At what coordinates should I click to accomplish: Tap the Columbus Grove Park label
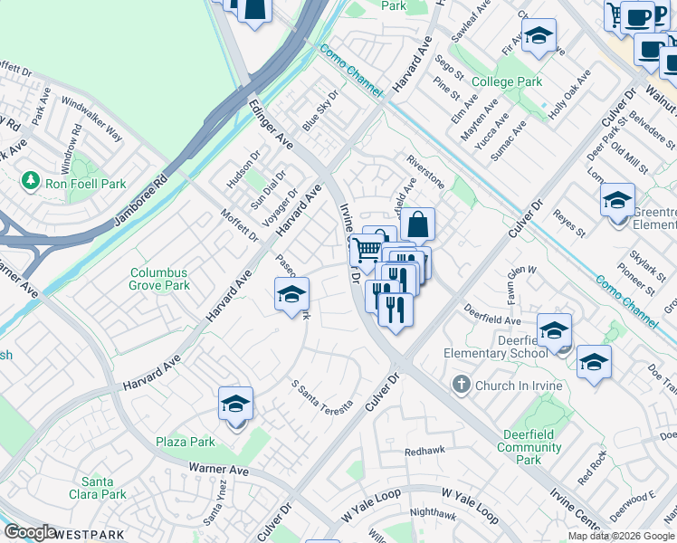pyautogui.click(x=159, y=279)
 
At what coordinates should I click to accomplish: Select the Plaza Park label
pyautogui.click(x=185, y=442)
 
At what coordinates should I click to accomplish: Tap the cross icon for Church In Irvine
pyautogui.click(x=462, y=386)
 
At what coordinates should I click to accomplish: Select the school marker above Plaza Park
pyautogui.click(x=235, y=404)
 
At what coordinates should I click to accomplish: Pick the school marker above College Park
pyautogui.click(x=539, y=36)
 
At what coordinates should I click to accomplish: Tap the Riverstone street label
pyautogui.click(x=425, y=169)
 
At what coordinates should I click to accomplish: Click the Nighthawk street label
pyautogui.click(x=433, y=512)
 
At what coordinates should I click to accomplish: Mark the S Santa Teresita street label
pyautogui.click(x=320, y=395)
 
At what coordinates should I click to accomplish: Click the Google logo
pyautogui.click(x=30, y=532)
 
